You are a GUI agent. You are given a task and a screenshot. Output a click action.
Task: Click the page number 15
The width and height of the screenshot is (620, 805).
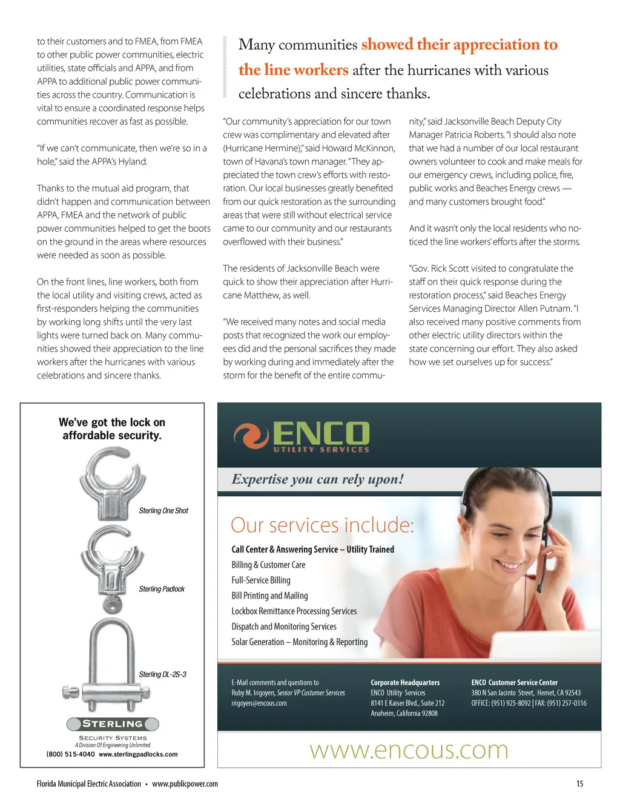click(x=579, y=784)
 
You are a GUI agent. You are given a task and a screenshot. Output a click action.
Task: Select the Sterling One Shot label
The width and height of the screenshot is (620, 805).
click(x=163, y=511)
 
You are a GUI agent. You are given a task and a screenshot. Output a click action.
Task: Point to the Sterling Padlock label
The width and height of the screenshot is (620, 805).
click(x=162, y=589)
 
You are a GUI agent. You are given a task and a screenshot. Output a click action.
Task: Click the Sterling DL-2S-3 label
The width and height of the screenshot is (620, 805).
click(x=162, y=674)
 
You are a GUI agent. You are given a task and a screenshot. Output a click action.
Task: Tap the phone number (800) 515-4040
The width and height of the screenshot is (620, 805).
click(x=70, y=755)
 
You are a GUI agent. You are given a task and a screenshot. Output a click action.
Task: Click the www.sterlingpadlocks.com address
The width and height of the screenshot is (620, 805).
click(x=138, y=755)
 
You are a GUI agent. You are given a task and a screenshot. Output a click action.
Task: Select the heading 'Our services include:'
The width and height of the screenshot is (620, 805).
click(x=322, y=525)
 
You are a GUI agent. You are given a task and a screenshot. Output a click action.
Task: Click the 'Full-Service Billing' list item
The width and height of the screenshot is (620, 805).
click(x=261, y=580)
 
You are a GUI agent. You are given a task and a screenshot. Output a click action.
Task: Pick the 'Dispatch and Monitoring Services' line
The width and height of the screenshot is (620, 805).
click(x=283, y=626)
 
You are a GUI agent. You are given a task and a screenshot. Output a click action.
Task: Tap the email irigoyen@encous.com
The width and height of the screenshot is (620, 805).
click(x=259, y=703)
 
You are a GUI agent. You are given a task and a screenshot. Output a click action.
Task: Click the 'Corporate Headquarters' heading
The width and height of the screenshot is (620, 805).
click(x=405, y=682)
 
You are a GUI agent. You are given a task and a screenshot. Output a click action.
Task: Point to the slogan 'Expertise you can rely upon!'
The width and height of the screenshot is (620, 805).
click(x=317, y=479)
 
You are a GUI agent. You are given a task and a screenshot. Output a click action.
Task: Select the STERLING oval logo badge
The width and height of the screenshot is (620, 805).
click(x=113, y=724)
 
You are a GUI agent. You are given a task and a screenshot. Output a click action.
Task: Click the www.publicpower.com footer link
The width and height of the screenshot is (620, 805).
click(x=185, y=784)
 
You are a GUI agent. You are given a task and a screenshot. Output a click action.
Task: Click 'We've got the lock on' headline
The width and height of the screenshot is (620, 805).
click(x=112, y=422)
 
